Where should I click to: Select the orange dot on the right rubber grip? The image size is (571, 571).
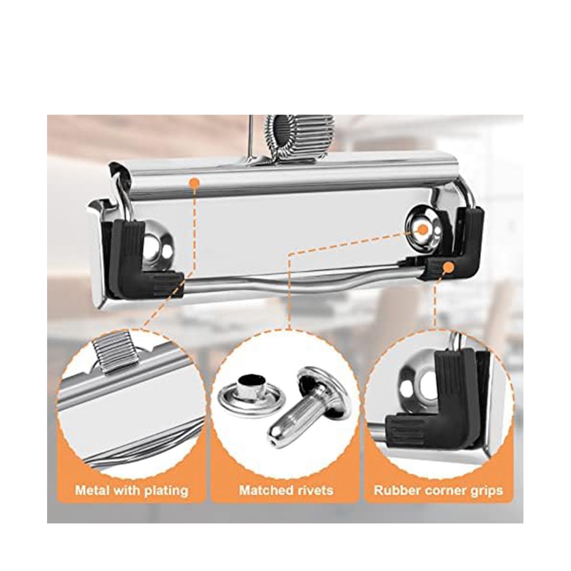click(449, 266)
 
